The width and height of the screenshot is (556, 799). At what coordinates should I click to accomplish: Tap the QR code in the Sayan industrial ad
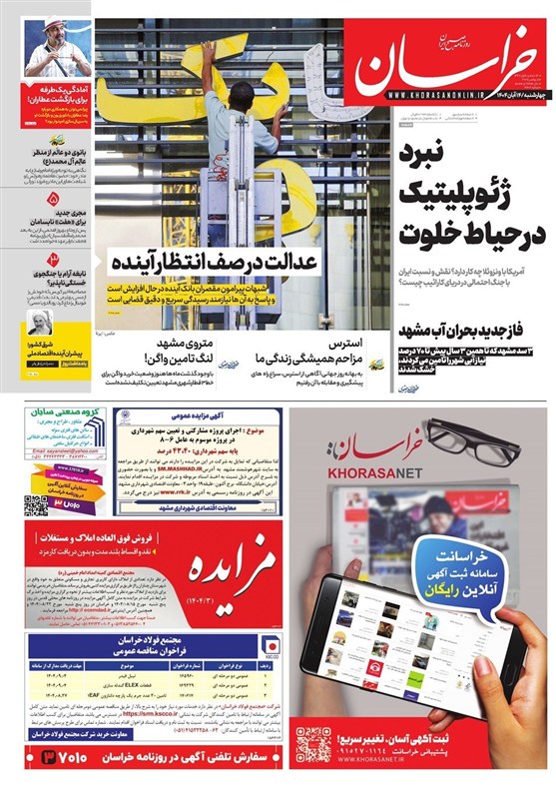(36, 505)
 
